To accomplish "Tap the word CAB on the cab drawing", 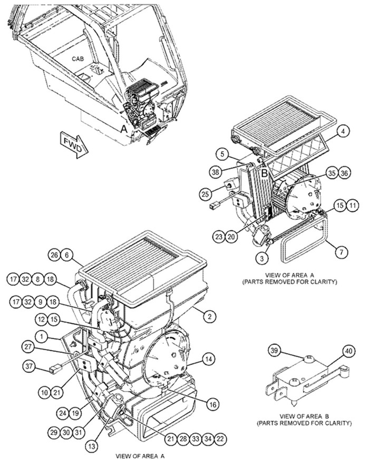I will pos(78,58).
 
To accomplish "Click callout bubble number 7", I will pos(342,252).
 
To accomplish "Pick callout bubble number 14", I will pos(209,360).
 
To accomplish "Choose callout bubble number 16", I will pos(211,404).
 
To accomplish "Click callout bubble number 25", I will pos(206,194).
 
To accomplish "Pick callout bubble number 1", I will pos(40,336).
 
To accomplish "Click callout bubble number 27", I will pos(27,346).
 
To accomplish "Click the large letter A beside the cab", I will pos(124,128).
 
